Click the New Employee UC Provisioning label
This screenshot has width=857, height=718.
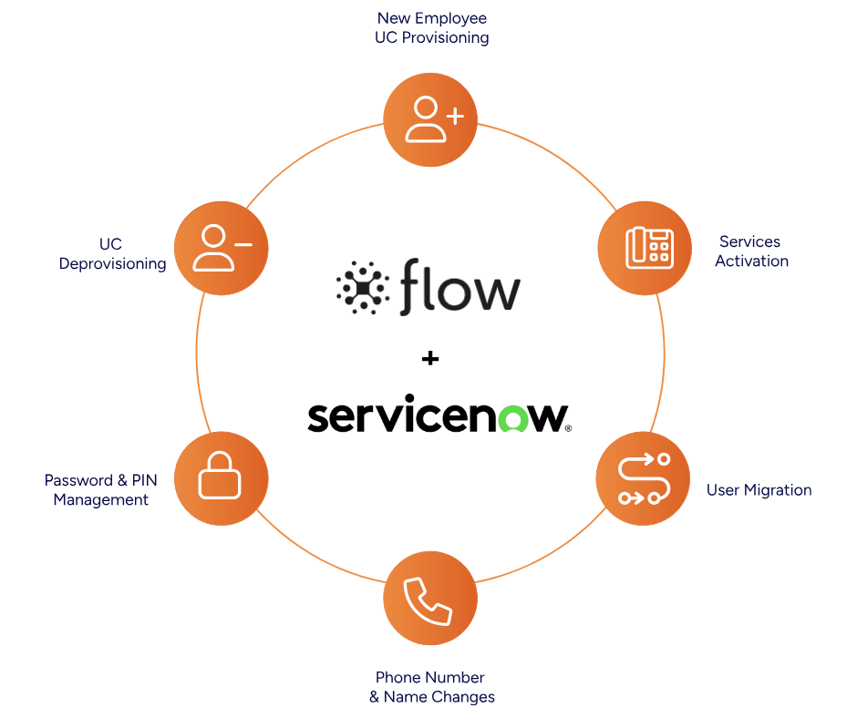(432, 28)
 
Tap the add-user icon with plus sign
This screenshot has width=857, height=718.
(430, 119)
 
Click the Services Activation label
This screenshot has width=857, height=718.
(751, 251)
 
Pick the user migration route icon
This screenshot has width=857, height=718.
(644, 479)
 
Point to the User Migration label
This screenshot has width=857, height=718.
(759, 490)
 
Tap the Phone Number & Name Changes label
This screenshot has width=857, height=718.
(431, 687)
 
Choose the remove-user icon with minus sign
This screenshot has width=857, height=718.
(220, 248)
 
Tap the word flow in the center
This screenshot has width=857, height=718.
(459, 285)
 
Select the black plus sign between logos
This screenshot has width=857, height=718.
(430, 360)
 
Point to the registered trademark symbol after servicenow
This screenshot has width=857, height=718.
(570, 427)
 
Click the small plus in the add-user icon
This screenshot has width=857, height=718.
(455, 117)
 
